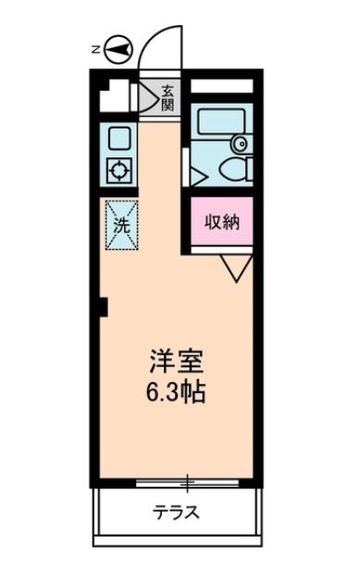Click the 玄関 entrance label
pyautogui.click(x=168, y=97)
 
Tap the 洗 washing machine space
pyautogui.click(x=121, y=224)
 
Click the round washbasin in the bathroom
pyautogui.click(x=240, y=143)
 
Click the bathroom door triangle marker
pyautogui.click(x=195, y=173)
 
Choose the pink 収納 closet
pyautogui.click(x=222, y=223)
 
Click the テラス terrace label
pyautogui.click(x=175, y=513)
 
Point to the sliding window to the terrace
pyautogui.click(x=186, y=483)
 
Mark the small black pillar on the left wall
pyautogui.click(x=105, y=305)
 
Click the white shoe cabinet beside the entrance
pyautogui.click(x=116, y=94)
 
